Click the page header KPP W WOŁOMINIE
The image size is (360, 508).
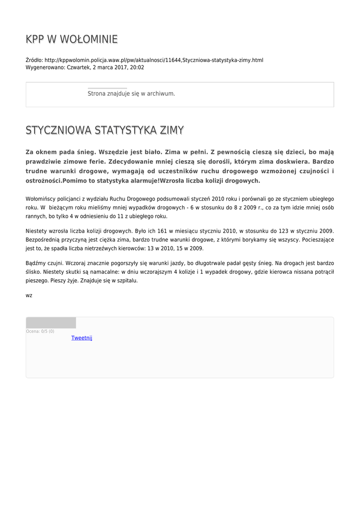(x=72, y=39)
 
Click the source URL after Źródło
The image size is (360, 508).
(x=154, y=60)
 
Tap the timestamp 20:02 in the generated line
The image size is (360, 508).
(x=137, y=67)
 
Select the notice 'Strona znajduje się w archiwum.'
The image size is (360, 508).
(x=131, y=93)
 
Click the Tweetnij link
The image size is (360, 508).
(x=81, y=338)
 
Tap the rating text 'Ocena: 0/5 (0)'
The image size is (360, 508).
(x=40, y=331)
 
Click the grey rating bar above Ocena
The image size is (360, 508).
(x=51, y=323)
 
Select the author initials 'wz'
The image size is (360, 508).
(x=29, y=295)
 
